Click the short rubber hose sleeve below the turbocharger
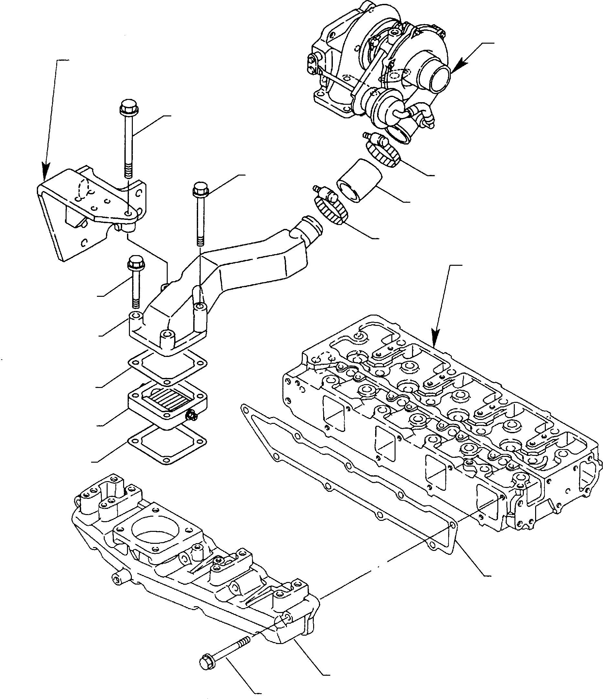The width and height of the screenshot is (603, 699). tap(359, 181)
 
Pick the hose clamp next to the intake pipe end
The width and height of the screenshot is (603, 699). tap(331, 209)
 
